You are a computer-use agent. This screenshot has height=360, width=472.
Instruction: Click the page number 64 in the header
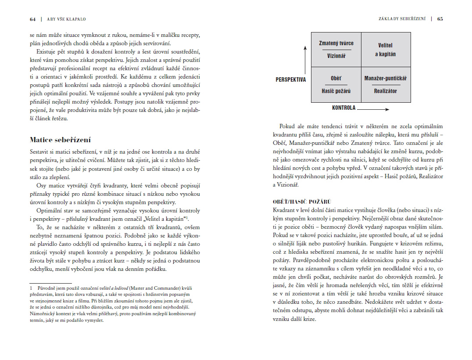click(32, 19)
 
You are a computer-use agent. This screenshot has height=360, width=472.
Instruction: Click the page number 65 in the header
click(440, 19)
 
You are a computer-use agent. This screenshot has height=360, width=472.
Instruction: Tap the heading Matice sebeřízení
click(60, 140)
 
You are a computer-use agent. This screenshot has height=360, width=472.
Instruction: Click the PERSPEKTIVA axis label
click(291, 79)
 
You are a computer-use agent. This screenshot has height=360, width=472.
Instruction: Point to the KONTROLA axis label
click(343, 108)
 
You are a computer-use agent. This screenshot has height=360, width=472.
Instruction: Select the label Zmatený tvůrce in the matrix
click(336, 43)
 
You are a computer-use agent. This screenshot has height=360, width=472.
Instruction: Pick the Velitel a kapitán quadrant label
click(385, 50)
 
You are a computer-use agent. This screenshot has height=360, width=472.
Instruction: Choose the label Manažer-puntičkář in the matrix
click(386, 78)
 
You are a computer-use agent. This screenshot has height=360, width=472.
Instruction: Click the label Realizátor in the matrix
click(386, 91)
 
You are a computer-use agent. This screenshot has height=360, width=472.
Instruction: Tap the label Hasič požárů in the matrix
click(336, 91)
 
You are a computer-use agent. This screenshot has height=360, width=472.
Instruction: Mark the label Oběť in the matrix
click(336, 78)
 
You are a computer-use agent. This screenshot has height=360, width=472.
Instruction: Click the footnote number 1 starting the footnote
click(31, 288)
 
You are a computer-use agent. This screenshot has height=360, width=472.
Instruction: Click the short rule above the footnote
click(50, 283)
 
